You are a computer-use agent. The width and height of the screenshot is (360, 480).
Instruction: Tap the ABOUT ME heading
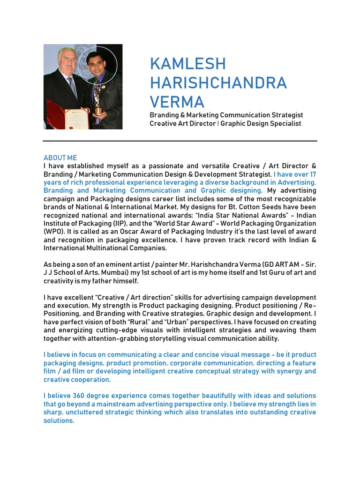pyautogui.click(x=60, y=158)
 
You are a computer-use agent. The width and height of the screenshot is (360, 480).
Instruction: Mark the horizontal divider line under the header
pyautogui.click(x=180, y=141)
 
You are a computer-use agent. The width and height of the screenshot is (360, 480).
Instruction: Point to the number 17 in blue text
pyautogui.click(x=311, y=174)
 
